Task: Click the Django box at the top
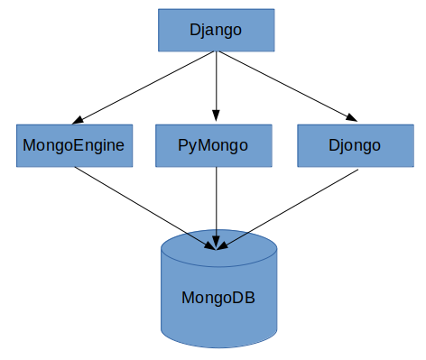[216, 30]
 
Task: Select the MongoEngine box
[75, 144]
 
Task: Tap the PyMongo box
[215, 144]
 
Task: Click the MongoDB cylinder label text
[218, 297]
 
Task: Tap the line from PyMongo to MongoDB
[216, 203]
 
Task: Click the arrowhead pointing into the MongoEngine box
[79, 119]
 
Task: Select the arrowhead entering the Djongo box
[350, 118]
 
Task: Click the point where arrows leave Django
[216, 52]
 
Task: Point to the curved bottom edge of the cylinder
[218, 346]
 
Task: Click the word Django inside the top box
[216, 30]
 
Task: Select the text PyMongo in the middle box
[215, 144]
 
